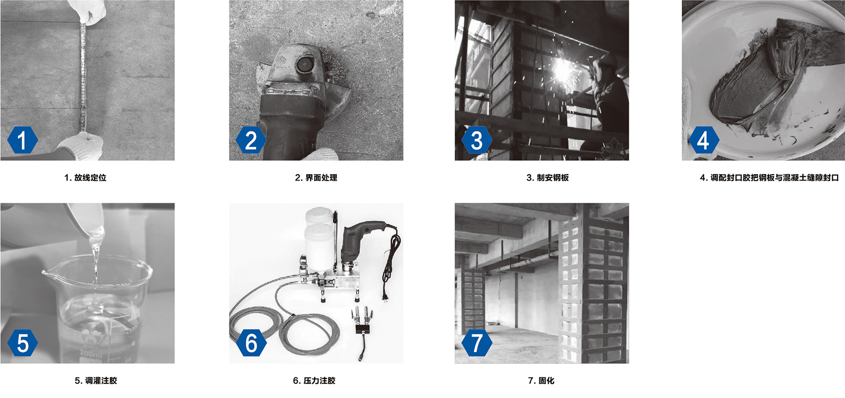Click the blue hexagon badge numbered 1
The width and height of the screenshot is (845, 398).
(23, 140)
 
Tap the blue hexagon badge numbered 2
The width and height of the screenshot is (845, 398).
(251, 140)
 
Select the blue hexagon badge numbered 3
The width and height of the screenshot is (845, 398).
(477, 140)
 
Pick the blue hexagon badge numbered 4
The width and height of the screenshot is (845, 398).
(704, 140)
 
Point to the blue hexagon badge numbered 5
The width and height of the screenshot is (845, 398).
(23, 343)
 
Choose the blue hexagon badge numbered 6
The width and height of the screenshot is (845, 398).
(251, 343)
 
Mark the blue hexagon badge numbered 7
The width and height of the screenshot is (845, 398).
(477, 343)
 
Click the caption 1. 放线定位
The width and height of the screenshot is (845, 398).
(86, 177)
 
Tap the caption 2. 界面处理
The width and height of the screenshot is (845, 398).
(316, 177)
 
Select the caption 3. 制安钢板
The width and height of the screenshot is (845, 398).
(548, 177)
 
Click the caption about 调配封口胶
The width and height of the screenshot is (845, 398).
(769, 177)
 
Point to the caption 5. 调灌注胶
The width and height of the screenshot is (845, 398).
(96, 381)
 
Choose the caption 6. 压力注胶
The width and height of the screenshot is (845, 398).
(314, 381)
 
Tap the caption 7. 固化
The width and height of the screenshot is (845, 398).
(541, 381)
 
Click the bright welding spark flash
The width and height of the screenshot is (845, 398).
(563, 71)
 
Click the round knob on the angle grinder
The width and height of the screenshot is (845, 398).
(304, 65)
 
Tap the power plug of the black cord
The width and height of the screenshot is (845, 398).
(386, 296)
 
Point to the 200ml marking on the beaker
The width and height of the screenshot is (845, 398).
(91, 354)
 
